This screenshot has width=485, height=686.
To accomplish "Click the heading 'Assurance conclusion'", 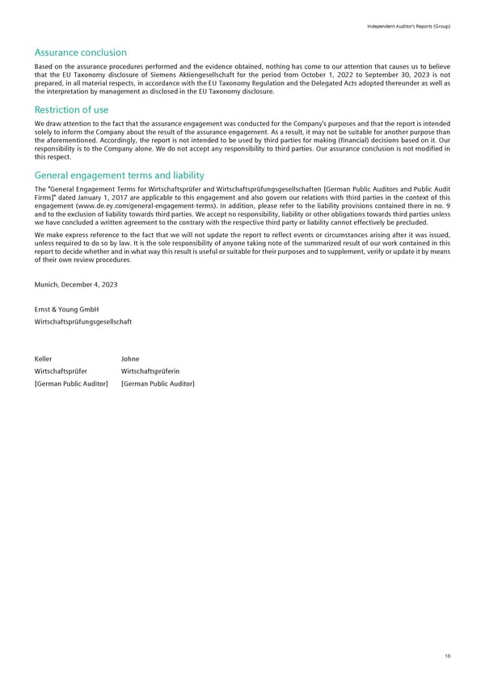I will click(80, 53).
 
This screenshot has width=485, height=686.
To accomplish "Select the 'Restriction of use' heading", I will click(72, 110).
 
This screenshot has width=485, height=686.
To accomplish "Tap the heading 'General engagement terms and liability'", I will click(120, 175).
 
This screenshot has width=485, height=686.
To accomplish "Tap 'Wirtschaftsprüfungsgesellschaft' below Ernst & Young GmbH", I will click(83, 321).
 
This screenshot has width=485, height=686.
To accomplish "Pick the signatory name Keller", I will click(44, 358).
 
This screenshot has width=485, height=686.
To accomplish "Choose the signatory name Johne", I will click(129, 358).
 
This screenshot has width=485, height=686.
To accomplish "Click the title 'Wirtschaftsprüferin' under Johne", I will click(148, 371).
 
